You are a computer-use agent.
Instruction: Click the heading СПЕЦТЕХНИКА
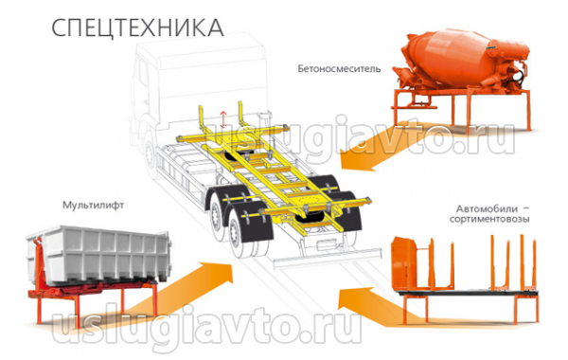[137, 27]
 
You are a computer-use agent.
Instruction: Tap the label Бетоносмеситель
[339, 68]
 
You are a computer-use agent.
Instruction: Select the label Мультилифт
[93, 206]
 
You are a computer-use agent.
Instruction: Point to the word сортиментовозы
[489, 219]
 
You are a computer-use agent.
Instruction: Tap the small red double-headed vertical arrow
[223, 119]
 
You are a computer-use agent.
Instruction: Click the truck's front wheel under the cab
[150, 156]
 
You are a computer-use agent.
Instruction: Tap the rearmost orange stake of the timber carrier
[534, 264]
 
